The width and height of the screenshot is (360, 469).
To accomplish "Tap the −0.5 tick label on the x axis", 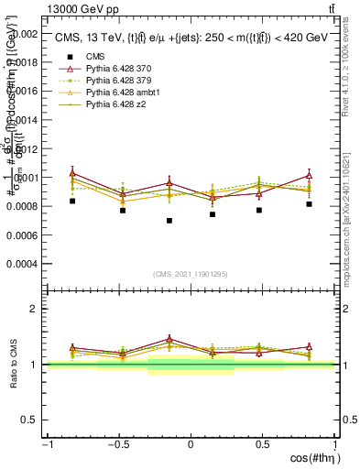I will click(117, 444).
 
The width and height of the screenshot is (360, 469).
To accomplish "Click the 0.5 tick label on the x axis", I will click(262, 444).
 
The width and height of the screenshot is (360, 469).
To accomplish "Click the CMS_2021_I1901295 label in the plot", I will click(191, 274).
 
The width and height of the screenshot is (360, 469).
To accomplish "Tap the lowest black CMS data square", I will click(169, 221).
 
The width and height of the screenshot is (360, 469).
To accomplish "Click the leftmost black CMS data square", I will click(72, 201).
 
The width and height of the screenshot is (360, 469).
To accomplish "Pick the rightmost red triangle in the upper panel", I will click(310, 175).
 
